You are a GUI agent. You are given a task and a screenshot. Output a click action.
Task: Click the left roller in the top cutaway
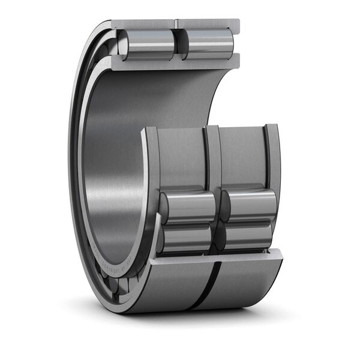146,44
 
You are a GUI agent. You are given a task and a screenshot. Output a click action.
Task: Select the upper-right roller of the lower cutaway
250,204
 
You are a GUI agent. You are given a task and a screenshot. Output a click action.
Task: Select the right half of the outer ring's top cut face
208,24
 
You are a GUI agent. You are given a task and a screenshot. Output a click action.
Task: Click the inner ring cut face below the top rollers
174,61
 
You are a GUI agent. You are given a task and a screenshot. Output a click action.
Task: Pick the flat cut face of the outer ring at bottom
216,254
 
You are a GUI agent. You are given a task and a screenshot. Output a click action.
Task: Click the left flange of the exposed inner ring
150,162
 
